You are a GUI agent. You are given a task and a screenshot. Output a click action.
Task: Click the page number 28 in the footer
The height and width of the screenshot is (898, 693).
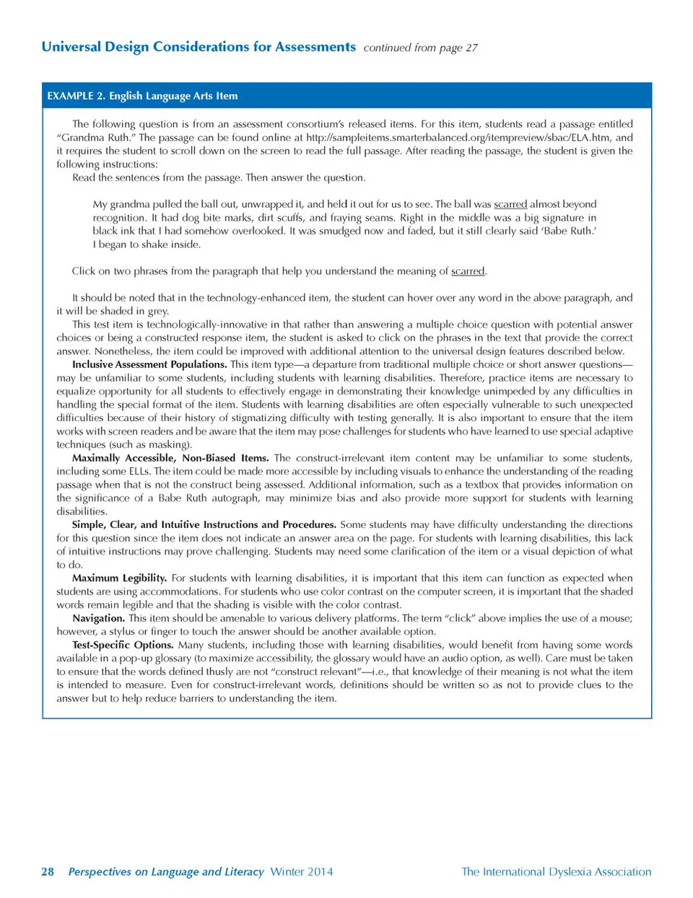coord(48,871)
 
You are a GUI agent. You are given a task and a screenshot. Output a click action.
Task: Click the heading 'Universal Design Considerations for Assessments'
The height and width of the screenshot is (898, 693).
coord(199,47)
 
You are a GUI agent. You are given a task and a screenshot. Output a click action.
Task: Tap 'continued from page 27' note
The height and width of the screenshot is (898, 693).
coord(420,48)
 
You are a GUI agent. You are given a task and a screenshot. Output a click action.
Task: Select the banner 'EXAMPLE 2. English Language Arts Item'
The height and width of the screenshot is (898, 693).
coord(142,96)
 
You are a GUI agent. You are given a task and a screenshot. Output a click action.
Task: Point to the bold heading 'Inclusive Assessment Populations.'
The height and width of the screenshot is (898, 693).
coord(149,364)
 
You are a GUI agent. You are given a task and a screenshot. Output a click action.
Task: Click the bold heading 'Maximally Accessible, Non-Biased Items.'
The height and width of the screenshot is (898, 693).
coord(170,458)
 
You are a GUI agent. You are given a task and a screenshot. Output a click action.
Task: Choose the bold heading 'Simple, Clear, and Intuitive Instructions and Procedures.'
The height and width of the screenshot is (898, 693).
coord(204,524)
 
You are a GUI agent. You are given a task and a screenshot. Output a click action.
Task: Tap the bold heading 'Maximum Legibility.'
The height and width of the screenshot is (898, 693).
coord(119,578)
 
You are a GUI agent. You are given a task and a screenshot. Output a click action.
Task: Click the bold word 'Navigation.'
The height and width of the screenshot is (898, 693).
coord(98,618)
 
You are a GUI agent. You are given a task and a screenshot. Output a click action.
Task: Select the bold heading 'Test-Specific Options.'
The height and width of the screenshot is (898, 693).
coord(123,645)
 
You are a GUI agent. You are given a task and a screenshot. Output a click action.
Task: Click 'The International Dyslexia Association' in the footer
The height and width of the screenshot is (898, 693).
coord(556,871)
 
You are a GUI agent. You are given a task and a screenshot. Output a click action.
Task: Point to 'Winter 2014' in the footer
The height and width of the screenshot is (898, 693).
coord(302,871)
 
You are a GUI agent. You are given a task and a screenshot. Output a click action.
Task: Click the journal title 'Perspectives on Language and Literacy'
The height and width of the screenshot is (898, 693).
coord(166,871)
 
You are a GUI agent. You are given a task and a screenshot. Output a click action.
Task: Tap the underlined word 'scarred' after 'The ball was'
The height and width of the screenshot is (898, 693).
coord(510,204)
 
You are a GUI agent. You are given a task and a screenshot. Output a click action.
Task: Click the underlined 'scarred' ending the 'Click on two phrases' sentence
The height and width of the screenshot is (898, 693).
coord(468,271)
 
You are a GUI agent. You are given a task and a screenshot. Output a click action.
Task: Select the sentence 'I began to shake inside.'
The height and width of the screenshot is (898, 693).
coord(147,245)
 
